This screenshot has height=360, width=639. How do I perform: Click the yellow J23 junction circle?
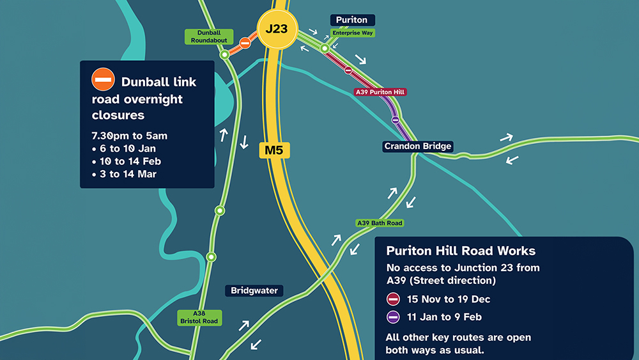tap(276, 29)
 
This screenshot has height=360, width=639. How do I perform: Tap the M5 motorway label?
tap(275, 151)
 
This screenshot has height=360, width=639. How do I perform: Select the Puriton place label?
tap(351, 20)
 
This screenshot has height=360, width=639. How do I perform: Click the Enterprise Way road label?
tap(352, 33)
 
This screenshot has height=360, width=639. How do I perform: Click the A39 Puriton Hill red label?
tap(380, 92)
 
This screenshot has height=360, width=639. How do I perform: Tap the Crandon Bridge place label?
tap(418, 146)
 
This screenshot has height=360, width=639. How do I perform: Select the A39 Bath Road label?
tap(380, 223)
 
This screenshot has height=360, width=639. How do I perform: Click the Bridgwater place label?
tap(255, 291)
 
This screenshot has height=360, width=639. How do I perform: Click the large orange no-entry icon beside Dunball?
tap(103, 80)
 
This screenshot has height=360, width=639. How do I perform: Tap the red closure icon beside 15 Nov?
tap(394, 299)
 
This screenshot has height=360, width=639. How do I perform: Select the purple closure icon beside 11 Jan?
tap(394, 317)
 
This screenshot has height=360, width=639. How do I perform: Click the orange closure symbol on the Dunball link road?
tap(245, 43)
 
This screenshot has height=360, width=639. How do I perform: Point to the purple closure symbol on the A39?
tap(396, 120)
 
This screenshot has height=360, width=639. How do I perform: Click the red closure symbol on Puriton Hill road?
tap(348, 70)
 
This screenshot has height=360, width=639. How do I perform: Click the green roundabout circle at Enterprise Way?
tap(325, 49)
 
